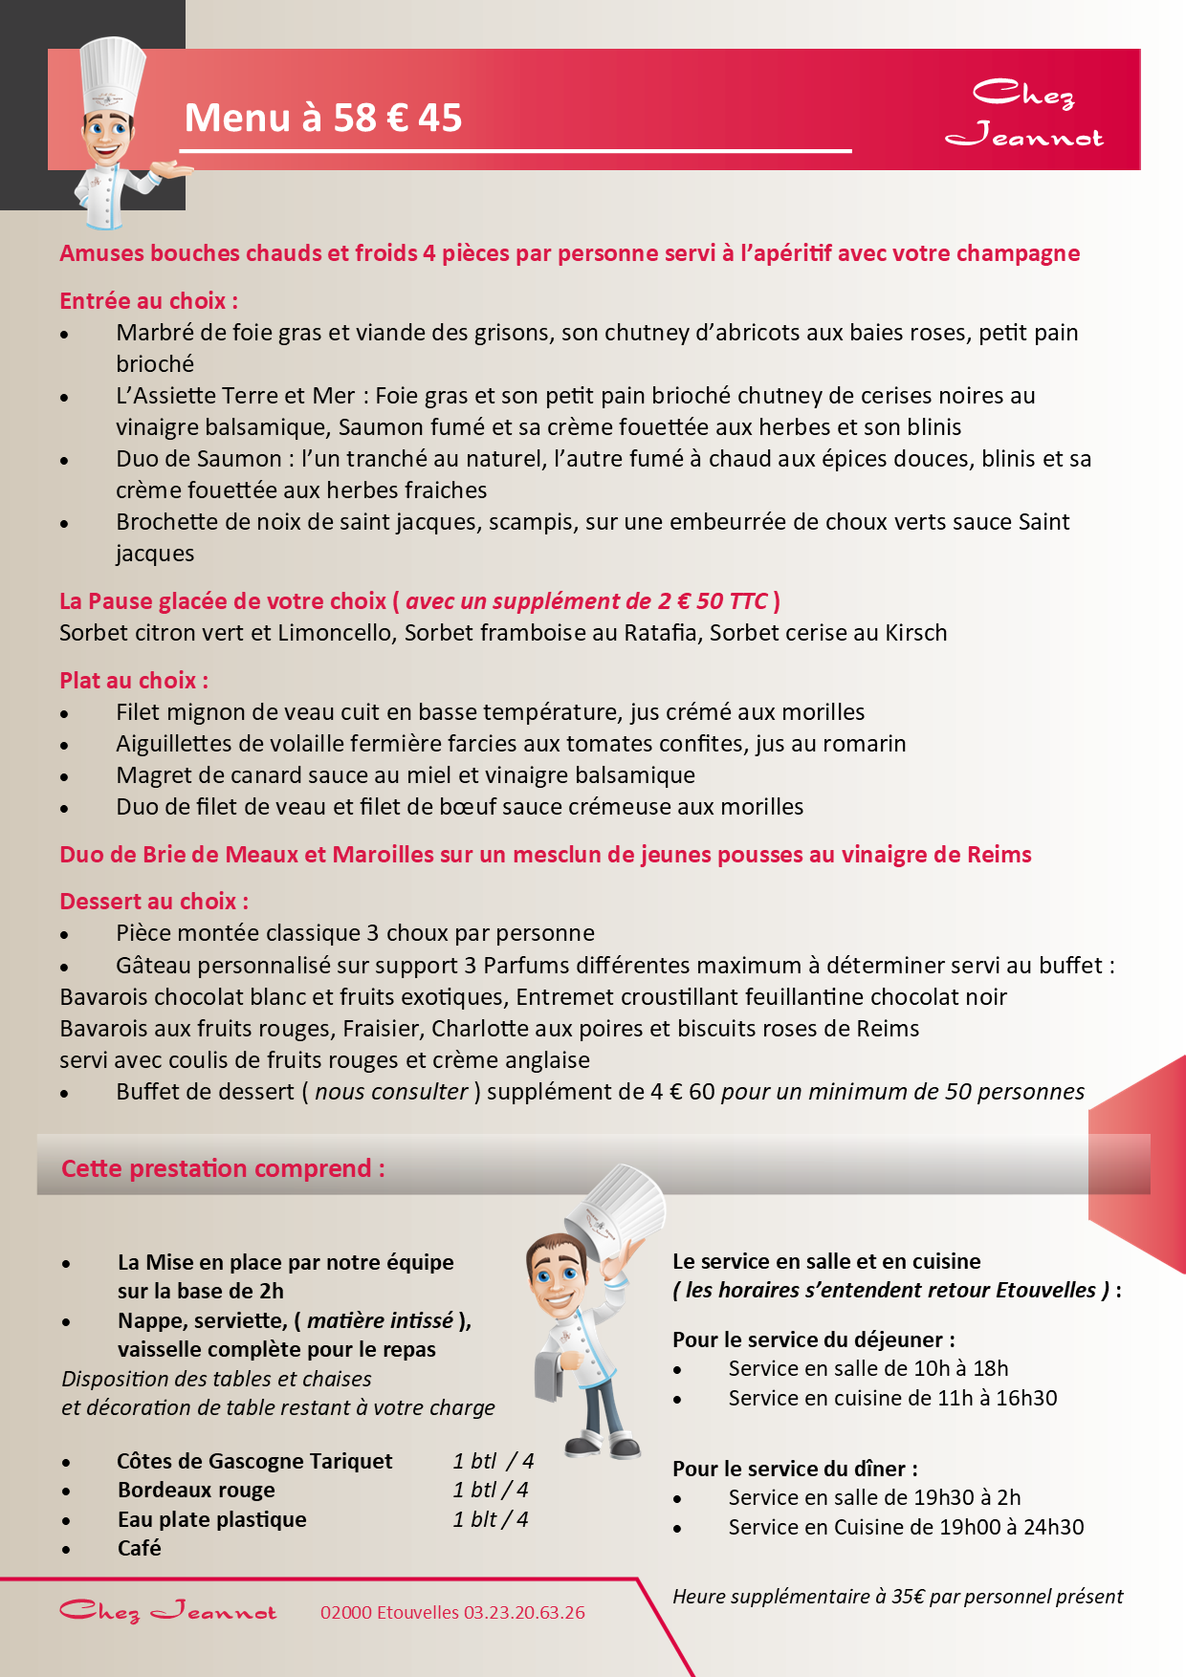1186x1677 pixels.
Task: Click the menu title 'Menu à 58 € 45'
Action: click(323, 119)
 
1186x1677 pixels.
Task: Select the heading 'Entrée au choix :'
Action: click(148, 301)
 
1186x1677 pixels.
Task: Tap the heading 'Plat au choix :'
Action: click(134, 681)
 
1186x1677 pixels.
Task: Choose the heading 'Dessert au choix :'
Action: click(154, 902)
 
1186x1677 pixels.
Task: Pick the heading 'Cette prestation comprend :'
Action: click(223, 1168)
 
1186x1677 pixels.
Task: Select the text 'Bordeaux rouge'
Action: click(196, 1491)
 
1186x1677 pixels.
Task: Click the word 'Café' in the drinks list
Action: click(140, 1549)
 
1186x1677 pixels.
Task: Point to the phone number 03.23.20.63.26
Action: click(524, 1613)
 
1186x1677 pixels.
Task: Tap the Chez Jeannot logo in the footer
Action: click(168, 1612)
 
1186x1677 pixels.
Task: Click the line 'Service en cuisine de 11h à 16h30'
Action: click(892, 1399)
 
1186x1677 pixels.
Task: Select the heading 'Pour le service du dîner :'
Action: click(795, 1470)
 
